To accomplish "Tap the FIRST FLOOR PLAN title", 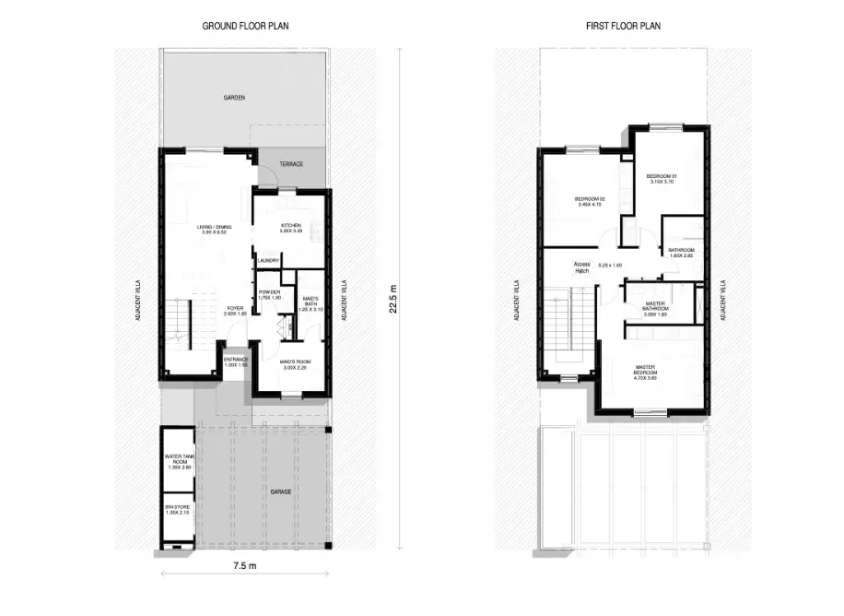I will click(x=623, y=26).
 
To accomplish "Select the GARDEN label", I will click(x=234, y=97).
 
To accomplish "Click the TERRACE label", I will click(x=291, y=164).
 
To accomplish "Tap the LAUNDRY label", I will click(x=268, y=261).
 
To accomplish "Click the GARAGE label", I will click(x=282, y=492).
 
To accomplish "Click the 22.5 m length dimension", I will click(x=393, y=299).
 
